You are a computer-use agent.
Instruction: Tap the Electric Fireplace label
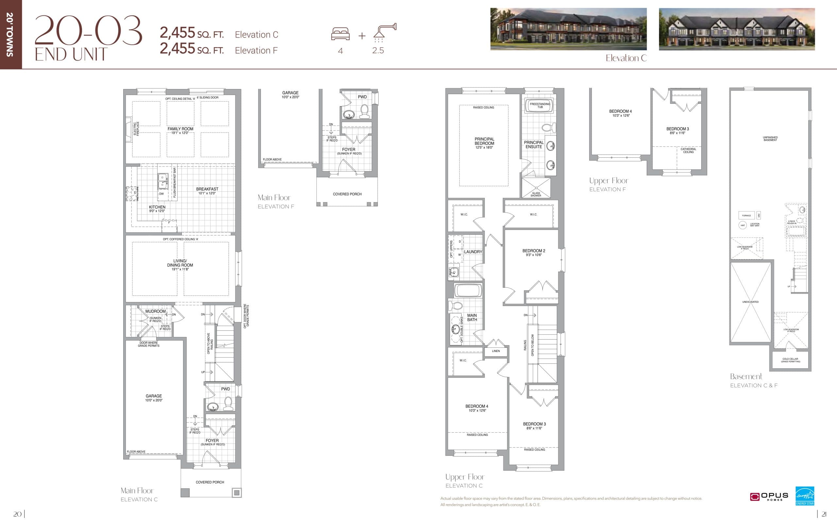[136, 128]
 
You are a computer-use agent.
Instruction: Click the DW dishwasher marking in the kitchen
[161, 194]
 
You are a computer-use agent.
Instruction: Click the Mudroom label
[155, 312]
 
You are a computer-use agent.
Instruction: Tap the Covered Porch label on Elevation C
[210, 482]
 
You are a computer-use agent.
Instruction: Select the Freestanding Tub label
[540, 105]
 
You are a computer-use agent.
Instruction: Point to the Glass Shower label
[536, 194]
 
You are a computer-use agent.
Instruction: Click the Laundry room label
[473, 252]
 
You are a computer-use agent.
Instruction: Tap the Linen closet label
[496, 351]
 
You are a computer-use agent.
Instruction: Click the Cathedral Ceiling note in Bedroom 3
[688, 150]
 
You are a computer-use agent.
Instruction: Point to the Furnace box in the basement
[746, 216]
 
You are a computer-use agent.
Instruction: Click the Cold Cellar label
[790, 360]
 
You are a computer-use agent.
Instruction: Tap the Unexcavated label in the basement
[750, 302]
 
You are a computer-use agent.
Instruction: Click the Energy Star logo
[805, 496]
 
